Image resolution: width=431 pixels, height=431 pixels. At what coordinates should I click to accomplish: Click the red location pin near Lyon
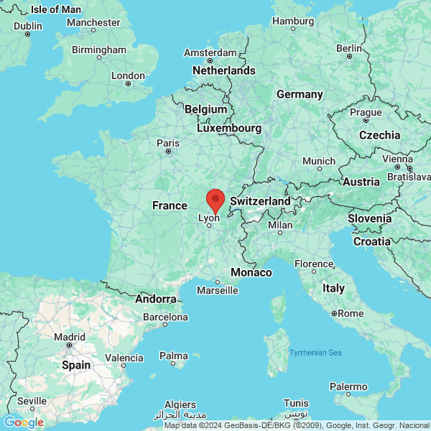pos(215,199)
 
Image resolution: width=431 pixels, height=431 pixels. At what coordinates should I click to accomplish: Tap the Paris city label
pos(168,142)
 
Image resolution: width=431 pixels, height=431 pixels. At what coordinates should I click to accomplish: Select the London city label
pos(129,75)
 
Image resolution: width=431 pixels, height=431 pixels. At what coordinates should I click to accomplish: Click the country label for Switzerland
pos(260,202)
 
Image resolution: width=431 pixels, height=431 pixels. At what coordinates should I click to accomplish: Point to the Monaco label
pos(251,272)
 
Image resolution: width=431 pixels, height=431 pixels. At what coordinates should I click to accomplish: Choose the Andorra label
pos(156,299)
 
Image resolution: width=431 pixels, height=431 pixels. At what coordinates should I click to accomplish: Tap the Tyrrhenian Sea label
pos(315,352)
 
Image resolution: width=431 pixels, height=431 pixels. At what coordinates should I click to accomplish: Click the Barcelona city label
pos(165,317)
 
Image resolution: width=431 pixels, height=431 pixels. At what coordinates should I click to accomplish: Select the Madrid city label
pos(70,336)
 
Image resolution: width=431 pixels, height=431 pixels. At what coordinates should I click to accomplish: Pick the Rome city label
pos(351,313)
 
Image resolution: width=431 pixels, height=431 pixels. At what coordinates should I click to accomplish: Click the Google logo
pos(24,422)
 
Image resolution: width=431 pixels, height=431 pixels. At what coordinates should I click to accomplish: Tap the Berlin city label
pos(349,48)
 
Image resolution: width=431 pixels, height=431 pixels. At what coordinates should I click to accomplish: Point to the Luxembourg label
pos(229,128)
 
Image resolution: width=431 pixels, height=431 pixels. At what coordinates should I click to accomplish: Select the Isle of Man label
pos(56,9)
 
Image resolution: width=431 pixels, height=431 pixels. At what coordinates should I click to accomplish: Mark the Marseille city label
pos(217,291)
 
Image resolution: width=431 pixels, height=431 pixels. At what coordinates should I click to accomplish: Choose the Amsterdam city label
pos(210,52)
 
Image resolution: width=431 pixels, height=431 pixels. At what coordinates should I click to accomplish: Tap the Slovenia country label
pos(370,218)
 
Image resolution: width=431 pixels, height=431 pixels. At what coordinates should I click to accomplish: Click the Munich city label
pos(318,161)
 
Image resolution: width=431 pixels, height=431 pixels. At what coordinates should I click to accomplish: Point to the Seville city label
pos(32,400)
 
